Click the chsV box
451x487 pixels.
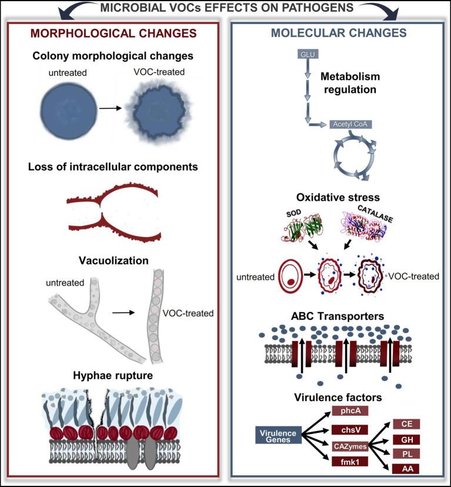349,429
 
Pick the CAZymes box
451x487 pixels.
349,447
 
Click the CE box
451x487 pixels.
406,424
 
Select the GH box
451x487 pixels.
406,439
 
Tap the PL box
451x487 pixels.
406,453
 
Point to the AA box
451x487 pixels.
406,468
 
